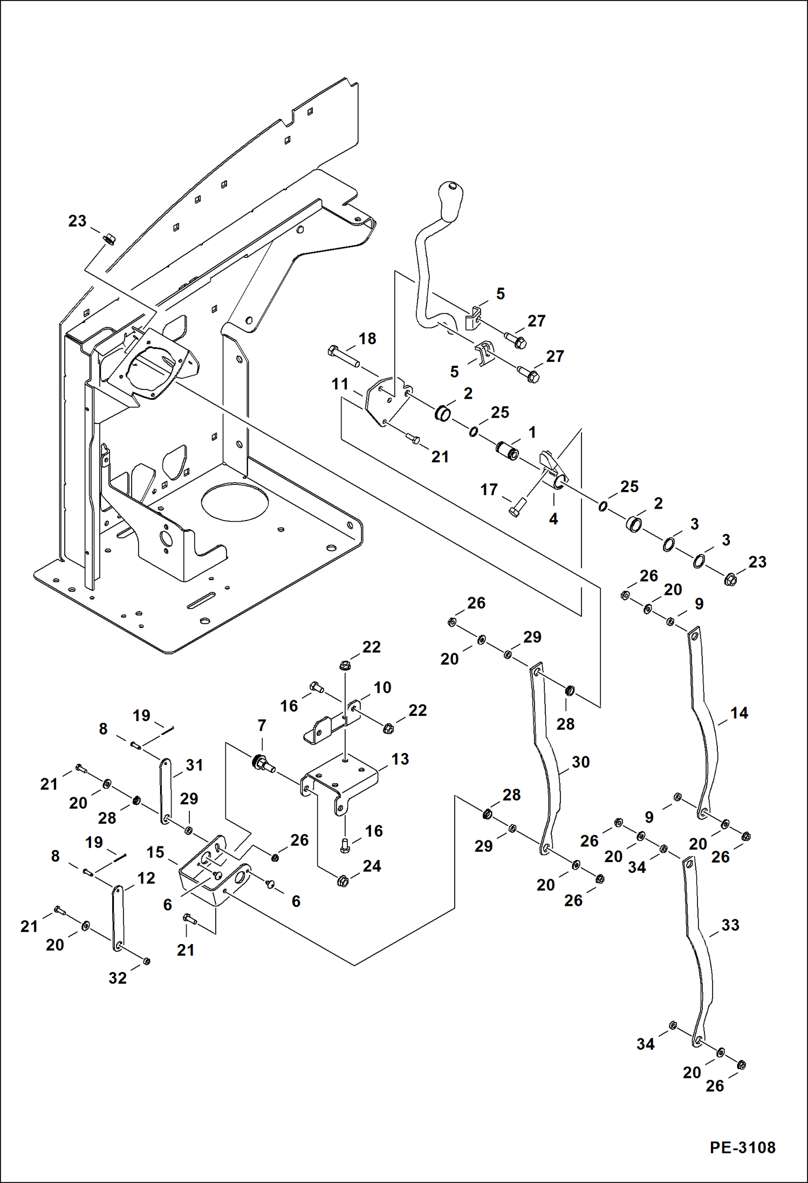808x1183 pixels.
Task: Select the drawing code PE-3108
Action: click(742, 1147)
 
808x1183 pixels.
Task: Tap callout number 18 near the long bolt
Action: click(367, 339)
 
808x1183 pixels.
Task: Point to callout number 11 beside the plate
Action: click(340, 384)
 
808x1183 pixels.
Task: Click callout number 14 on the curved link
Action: click(739, 713)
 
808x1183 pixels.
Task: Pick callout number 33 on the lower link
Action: click(730, 925)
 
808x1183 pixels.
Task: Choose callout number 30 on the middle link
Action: click(580, 762)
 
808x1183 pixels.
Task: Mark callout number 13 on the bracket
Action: click(400, 759)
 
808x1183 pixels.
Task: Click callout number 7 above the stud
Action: click(262, 726)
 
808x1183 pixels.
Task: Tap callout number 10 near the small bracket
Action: click(382, 687)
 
